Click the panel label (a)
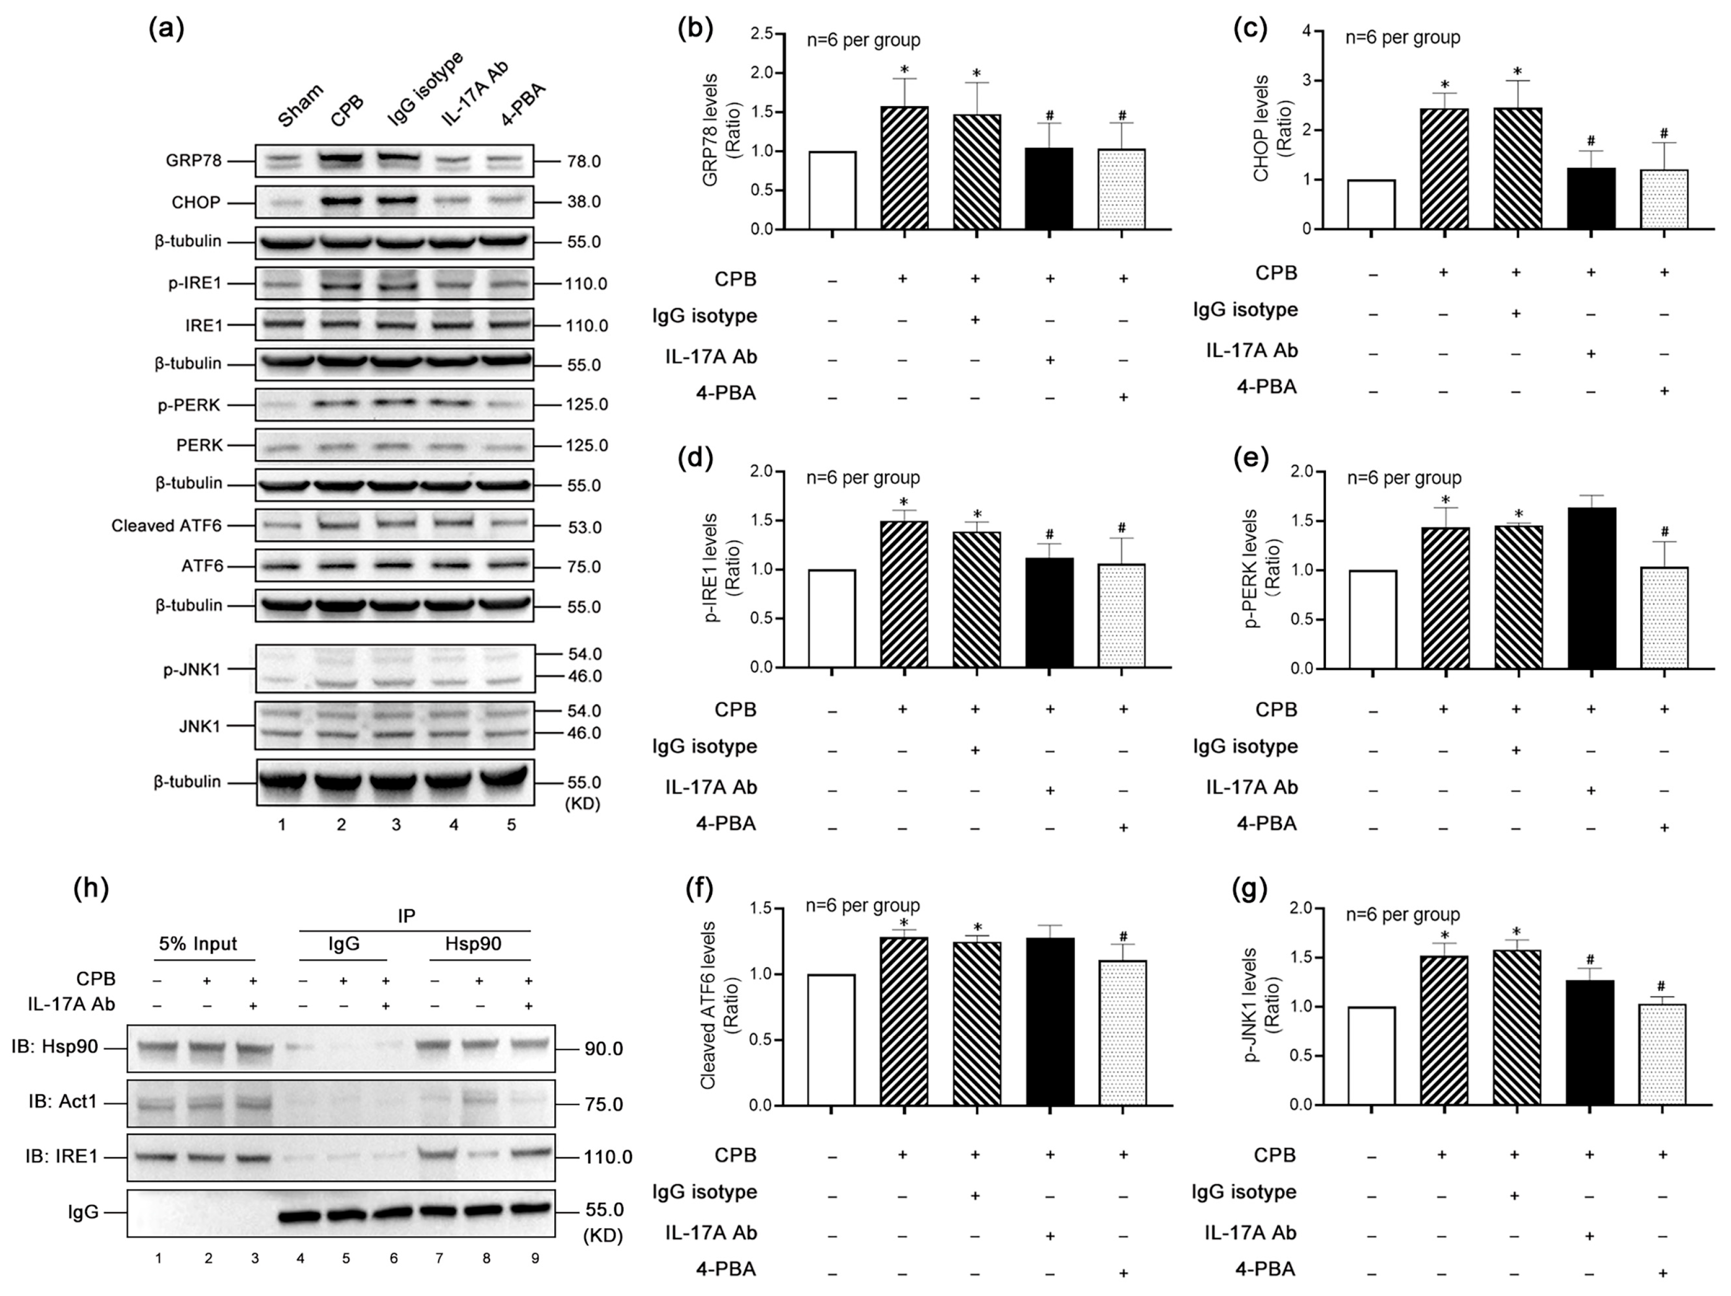tap(166, 29)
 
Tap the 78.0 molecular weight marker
tap(584, 162)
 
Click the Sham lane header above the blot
tap(299, 105)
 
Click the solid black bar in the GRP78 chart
tap(1049, 188)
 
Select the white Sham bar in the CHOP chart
tap(1372, 205)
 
